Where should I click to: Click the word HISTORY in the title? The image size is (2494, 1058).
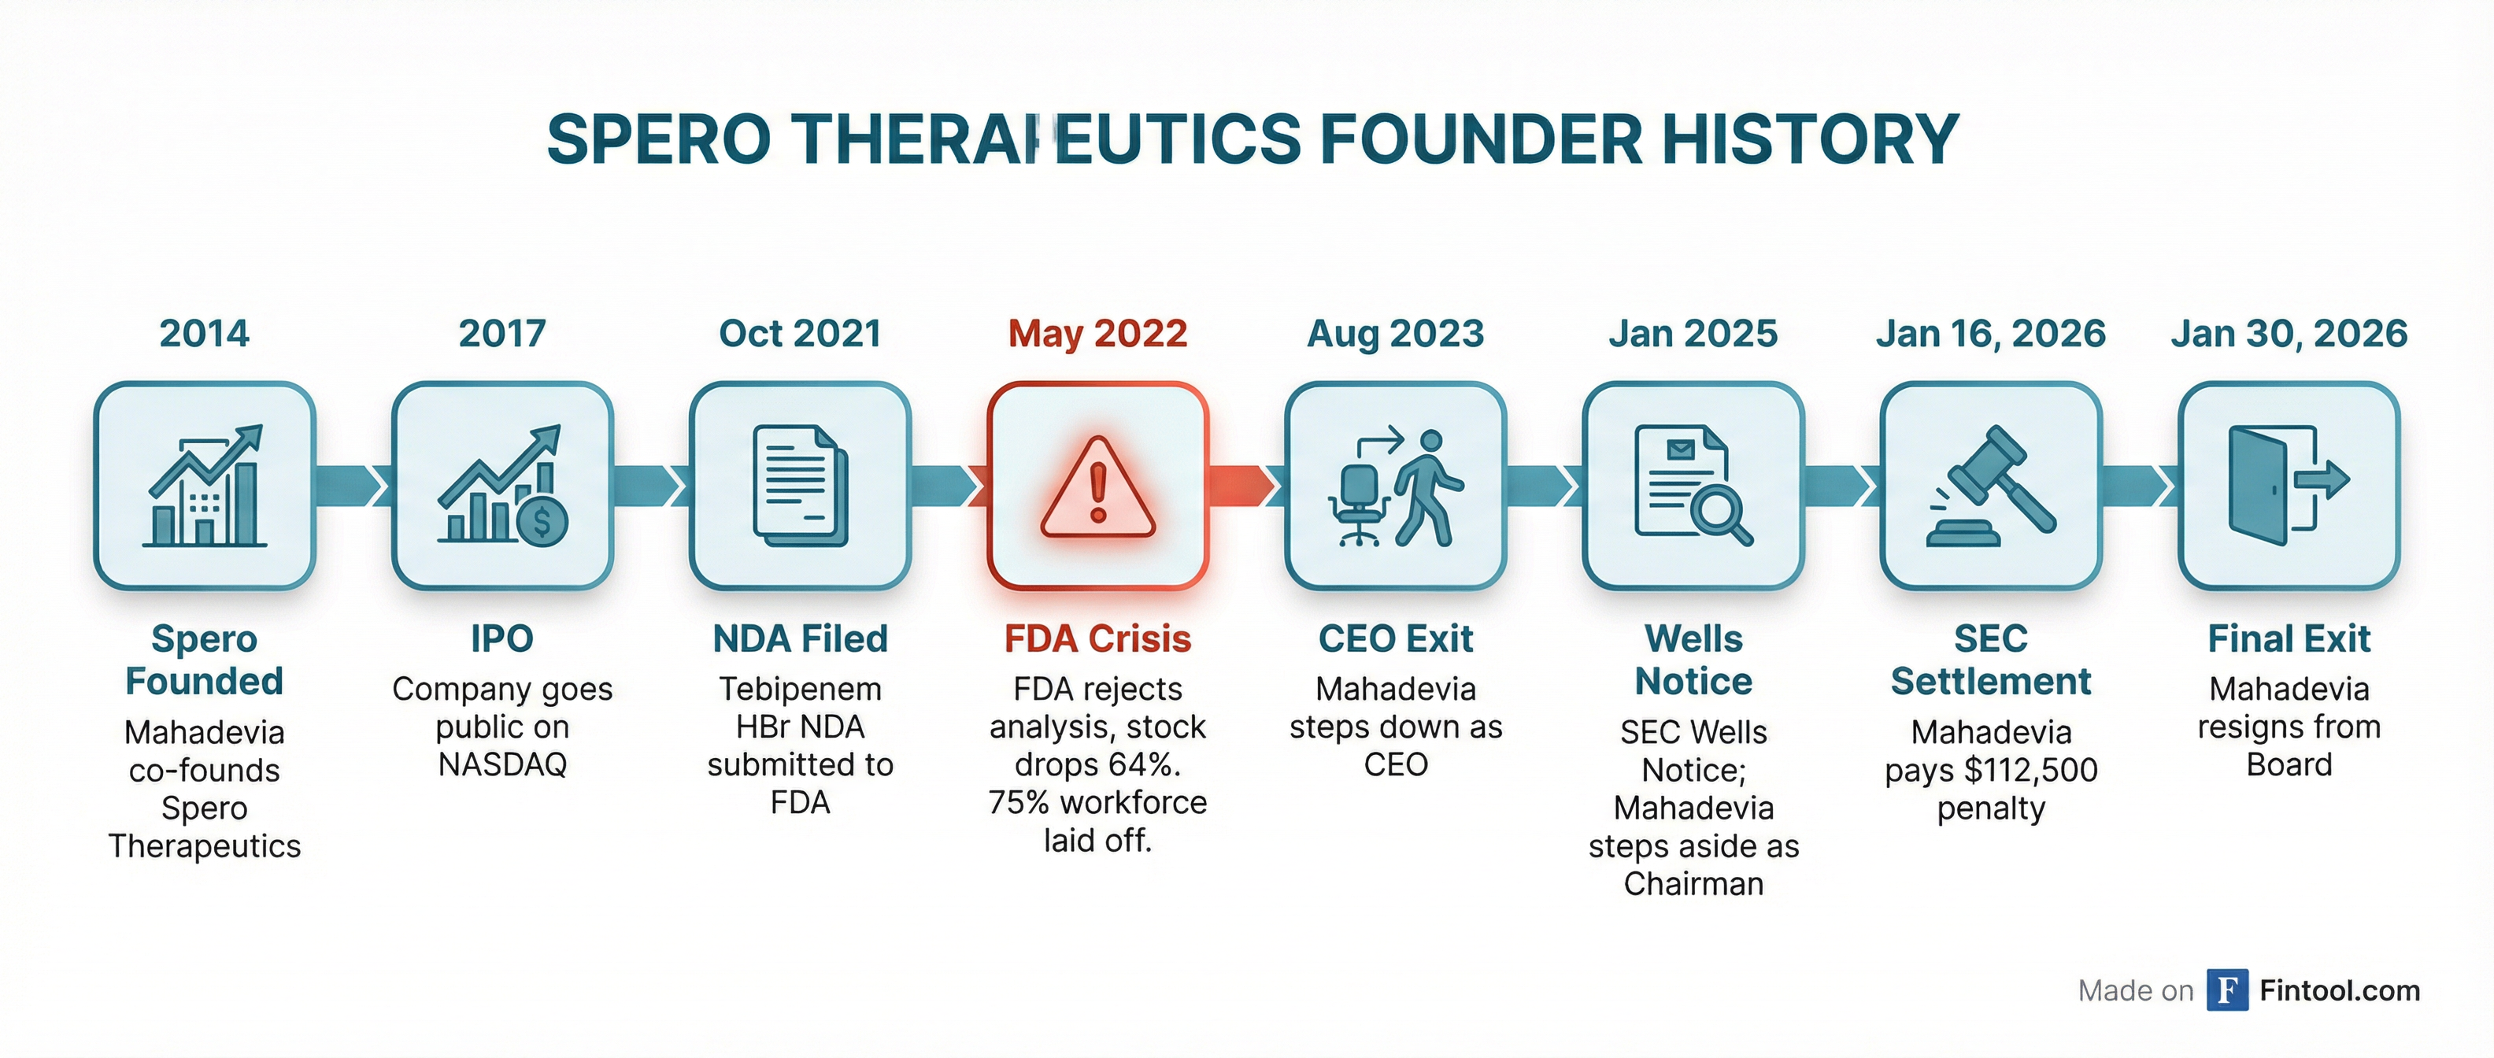(1811, 139)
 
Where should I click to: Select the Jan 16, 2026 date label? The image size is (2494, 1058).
(1990, 334)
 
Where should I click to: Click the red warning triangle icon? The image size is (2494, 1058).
(1098, 487)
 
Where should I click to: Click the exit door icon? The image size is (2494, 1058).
(2289, 485)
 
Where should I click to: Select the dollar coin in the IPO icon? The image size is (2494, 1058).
(542, 522)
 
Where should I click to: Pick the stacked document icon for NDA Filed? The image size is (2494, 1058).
(800, 486)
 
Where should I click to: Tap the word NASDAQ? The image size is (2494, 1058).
(501, 764)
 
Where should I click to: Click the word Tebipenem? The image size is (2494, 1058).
(800, 690)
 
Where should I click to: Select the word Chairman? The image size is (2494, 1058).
(1693, 884)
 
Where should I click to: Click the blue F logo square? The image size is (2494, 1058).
(2228, 990)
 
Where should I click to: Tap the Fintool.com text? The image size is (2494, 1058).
(2339, 990)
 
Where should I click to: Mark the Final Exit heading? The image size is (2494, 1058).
(2289, 639)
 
